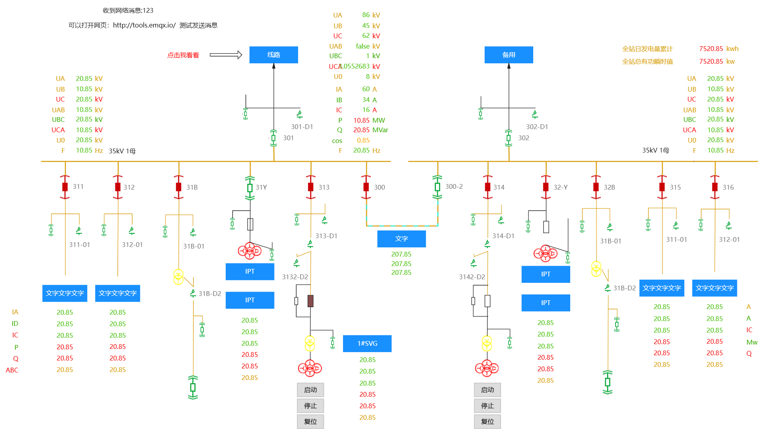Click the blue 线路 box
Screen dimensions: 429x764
[274, 55]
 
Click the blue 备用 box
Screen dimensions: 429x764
[509, 55]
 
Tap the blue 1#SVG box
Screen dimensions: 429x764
[367, 343]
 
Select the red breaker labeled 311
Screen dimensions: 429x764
[65, 187]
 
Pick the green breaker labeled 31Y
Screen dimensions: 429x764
[250, 188]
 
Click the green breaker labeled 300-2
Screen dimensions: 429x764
[437, 187]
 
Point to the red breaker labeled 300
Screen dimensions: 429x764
[366, 187]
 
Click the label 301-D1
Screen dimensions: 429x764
[302, 127]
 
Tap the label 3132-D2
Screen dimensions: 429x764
[295, 277]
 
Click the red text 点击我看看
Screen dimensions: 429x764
[183, 55]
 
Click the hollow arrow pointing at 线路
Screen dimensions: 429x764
[226, 55]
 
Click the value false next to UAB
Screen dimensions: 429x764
[363, 46]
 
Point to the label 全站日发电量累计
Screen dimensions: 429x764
[647, 49]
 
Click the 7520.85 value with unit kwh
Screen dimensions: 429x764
[711, 49]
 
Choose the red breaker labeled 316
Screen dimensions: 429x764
[715, 187]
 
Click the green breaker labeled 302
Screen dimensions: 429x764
[509, 138]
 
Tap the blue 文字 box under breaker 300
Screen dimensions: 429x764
[401, 239]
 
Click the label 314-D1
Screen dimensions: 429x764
[503, 236]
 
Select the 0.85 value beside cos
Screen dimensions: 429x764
[363, 140]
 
